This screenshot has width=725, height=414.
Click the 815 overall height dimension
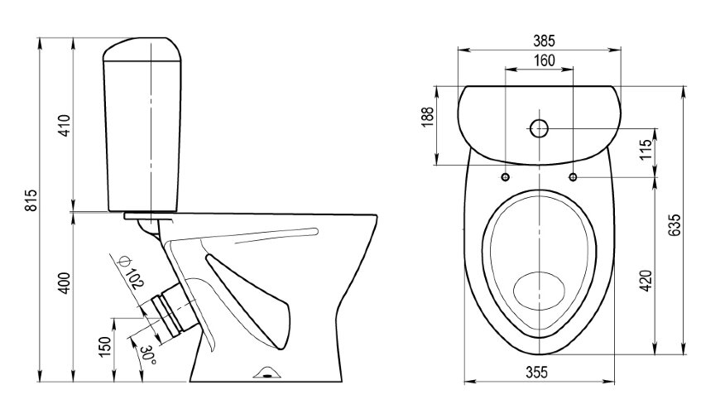[31, 200]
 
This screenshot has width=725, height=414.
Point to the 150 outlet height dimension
[104, 347]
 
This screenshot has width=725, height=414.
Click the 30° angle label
[148, 354]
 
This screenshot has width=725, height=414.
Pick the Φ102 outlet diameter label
[131, 272]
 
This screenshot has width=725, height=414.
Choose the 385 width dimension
[544, 41]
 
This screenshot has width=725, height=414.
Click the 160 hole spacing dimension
[545, 60]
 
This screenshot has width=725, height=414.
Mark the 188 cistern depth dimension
[428, 117]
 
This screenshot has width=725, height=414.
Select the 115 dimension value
[646, 149]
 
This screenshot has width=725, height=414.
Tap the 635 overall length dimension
[675, 225]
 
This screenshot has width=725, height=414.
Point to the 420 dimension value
[646, 281]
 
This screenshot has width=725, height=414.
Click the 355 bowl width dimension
[537, 372]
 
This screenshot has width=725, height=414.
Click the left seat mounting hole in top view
[506, 176]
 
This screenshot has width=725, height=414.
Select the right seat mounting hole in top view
[573, 176]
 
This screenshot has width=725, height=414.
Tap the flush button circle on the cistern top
[539, 128]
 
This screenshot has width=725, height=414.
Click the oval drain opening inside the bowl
[539, 291]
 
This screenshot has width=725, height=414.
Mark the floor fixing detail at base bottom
[267, 373]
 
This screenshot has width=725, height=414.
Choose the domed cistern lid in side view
[142, 50]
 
